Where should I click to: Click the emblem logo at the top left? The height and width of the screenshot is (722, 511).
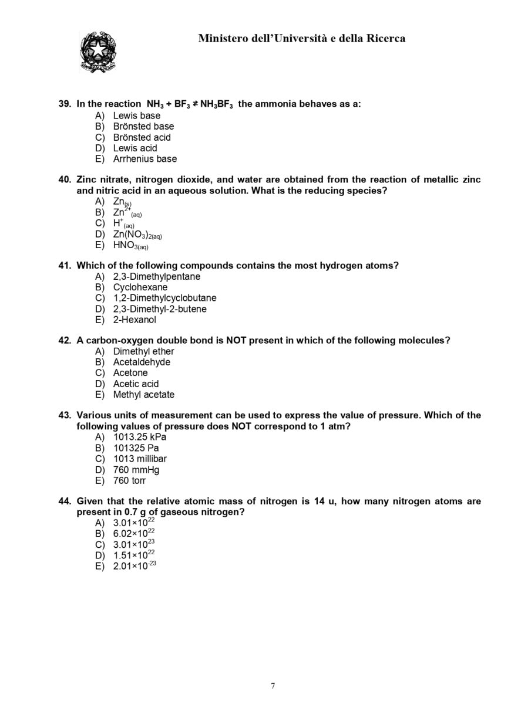(x=98, y=52)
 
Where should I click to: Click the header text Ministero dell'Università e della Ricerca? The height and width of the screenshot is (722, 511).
(x=301, y=39)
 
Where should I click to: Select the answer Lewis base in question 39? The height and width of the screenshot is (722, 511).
(x=136, y=116)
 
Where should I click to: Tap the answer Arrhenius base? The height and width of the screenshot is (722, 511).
(x=144, y=159)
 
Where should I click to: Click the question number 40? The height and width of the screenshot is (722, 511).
(x=65, y=180)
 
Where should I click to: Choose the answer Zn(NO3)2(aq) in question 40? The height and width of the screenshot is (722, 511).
(x=137, y=235)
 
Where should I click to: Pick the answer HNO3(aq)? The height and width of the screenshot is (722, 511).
(x=130, y=246)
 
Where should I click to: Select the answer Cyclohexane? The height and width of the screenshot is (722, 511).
(x=140, y=287)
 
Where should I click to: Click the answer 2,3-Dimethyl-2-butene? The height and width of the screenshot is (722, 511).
(x=160, y=309)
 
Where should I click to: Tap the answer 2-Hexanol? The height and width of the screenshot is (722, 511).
(x=135, y=320)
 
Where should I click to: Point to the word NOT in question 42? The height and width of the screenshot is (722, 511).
(x=236, y=341)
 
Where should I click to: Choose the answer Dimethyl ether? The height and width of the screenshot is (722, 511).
(x=143, y=351)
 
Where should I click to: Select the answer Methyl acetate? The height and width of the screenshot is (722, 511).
(x=143, y=395)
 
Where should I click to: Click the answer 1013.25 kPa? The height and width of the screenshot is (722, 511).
(x=139, y=437)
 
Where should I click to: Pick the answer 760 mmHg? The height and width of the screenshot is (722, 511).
(x=136, y=470)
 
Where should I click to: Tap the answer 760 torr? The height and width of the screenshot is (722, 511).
(x=129, y=480)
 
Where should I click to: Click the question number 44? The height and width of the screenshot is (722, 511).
(x=65, y=501)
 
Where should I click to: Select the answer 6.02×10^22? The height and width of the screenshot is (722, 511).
(x=134, y=533)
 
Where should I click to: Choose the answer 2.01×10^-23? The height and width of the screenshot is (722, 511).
(x=135, y=565)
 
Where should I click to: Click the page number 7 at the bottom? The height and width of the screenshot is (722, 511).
(x=273, y=686)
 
